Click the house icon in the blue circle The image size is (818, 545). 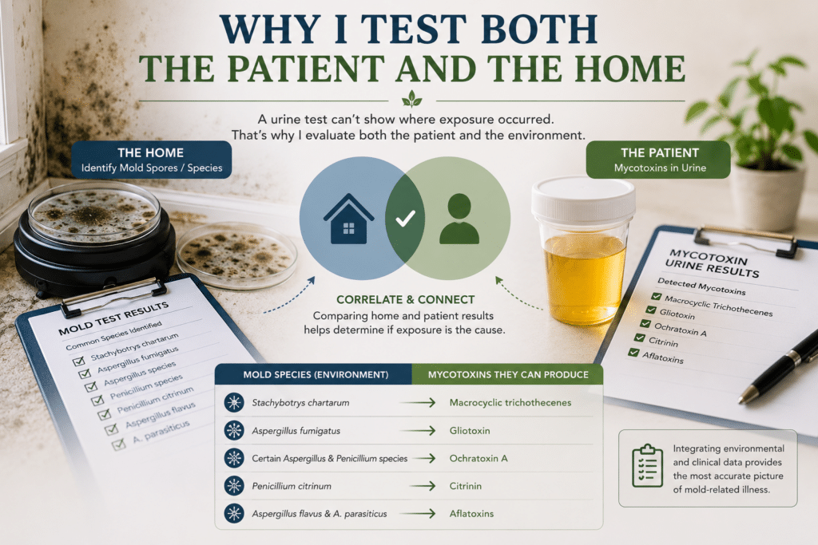coord(348,219)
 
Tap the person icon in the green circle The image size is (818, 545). coord(459,219)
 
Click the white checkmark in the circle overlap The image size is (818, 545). coord(405,219)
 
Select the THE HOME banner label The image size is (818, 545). coord(151,160)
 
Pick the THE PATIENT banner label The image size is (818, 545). coord(659,160)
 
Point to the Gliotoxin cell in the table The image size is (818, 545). coord(470,431)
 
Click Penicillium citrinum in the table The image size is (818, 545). coord(292,486)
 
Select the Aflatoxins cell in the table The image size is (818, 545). coord(471,514)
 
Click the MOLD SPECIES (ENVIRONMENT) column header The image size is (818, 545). coord(316,374)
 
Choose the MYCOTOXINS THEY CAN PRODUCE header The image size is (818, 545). coord(508,374)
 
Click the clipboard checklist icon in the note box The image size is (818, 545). coord(647,466)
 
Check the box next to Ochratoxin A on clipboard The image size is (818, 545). coord(645,324)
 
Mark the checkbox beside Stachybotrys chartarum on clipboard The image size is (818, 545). coord(79,361)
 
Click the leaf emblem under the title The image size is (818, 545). coord(412,98)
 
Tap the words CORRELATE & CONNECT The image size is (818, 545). coord(405,299)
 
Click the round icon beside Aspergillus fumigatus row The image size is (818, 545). coord(234,430)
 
